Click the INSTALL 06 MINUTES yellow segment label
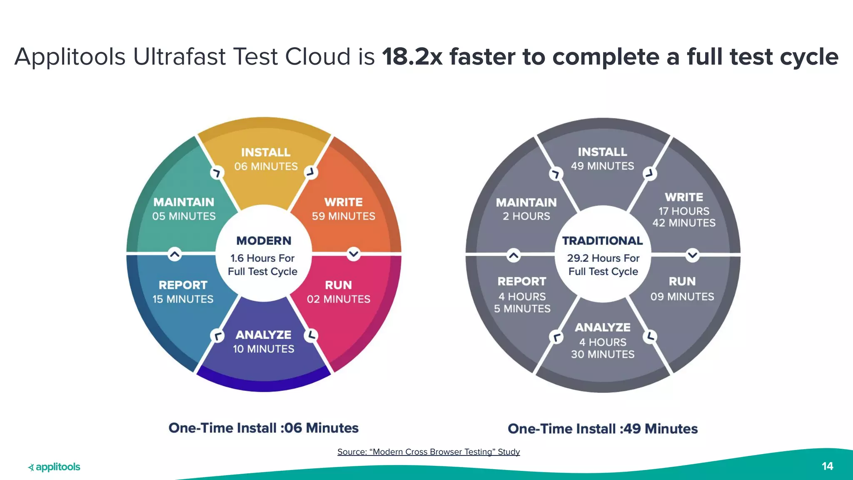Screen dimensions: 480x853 pyautogui.click(x=266, y=159)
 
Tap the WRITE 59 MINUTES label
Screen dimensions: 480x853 pyautogui.click(x=344, y=209)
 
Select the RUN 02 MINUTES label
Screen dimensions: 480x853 pyautogui.click(x=339, y=292)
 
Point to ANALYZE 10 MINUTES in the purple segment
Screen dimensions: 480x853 pyautogui.click(x=263, y=342)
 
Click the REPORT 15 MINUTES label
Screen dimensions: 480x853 pyautogui.click(x=183, y=292)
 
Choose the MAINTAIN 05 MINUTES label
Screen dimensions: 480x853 pyautogui.click(x=184, y=209)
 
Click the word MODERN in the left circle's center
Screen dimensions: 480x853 pyautogui.click(x=264, y=241)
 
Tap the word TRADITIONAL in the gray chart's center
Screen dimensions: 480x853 pyautogui.click(x=602, y=241)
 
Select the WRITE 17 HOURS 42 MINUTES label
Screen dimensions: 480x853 pyautogui.click(x=684, y=210)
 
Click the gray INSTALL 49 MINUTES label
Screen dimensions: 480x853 pyautogui.click(x=602, y=159)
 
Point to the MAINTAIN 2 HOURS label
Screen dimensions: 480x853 pyautogui.click(x=526, y=209)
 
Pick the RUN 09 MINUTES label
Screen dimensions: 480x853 pyautogui.click(x=682, y=289)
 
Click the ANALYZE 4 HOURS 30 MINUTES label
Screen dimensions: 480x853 pyautogui.click(x=603, y=340)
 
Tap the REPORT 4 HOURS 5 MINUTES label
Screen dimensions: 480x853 pyautogui.click(x=522, y=295)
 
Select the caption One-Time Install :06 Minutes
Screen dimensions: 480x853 pyautogui.click(x=263, y=428)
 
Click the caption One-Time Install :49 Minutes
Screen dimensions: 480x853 pyautogui.click(x=602, y=429)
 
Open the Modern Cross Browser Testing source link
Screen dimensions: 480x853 pyautogui.click(x=429, y=452)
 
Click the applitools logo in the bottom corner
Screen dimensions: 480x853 pyautogui.click(x=54, y=467)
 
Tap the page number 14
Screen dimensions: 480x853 pyautogui.click(x=827, y=466)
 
